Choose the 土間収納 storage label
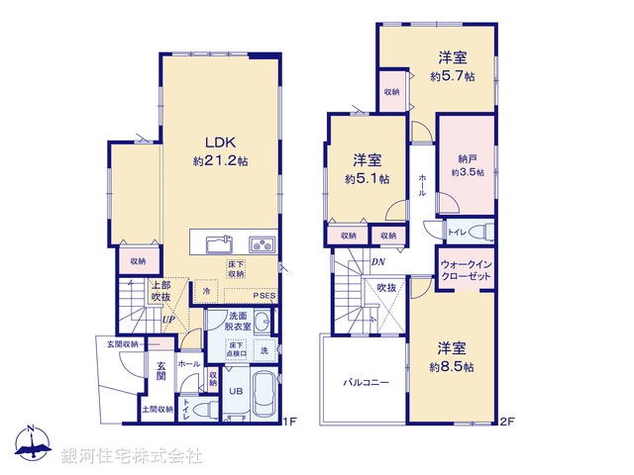point(158,409)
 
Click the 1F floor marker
point(288,422)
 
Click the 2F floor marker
point(507,422)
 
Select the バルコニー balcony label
point(366,381)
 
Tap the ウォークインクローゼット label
point(467,270)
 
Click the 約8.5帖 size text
point(452,365)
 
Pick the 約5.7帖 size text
point(452,74)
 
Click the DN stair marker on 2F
point(377,261)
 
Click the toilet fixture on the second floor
point(476,233)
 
